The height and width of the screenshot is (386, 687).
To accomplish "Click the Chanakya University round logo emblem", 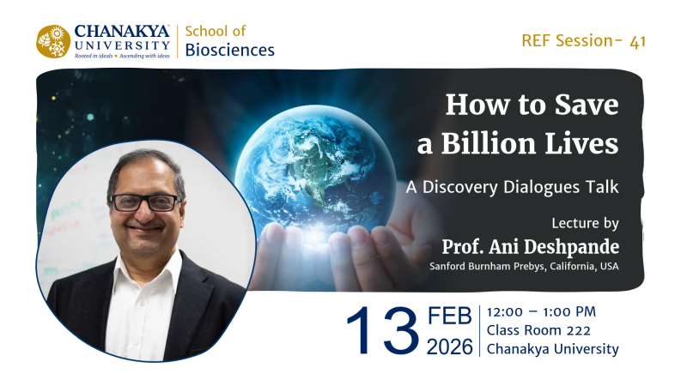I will point(53,41).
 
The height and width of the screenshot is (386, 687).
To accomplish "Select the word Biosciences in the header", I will point(230,51).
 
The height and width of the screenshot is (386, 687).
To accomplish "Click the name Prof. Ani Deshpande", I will point(530,247).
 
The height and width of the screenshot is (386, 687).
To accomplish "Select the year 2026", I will point(450,347).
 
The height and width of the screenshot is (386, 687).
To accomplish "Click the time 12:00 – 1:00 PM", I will point(541,311).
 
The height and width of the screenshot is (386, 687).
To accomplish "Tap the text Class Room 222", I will point(537,330).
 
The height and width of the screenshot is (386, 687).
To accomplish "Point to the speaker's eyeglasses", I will point(145,202).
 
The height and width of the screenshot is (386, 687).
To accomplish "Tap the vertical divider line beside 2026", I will point(479,330).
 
